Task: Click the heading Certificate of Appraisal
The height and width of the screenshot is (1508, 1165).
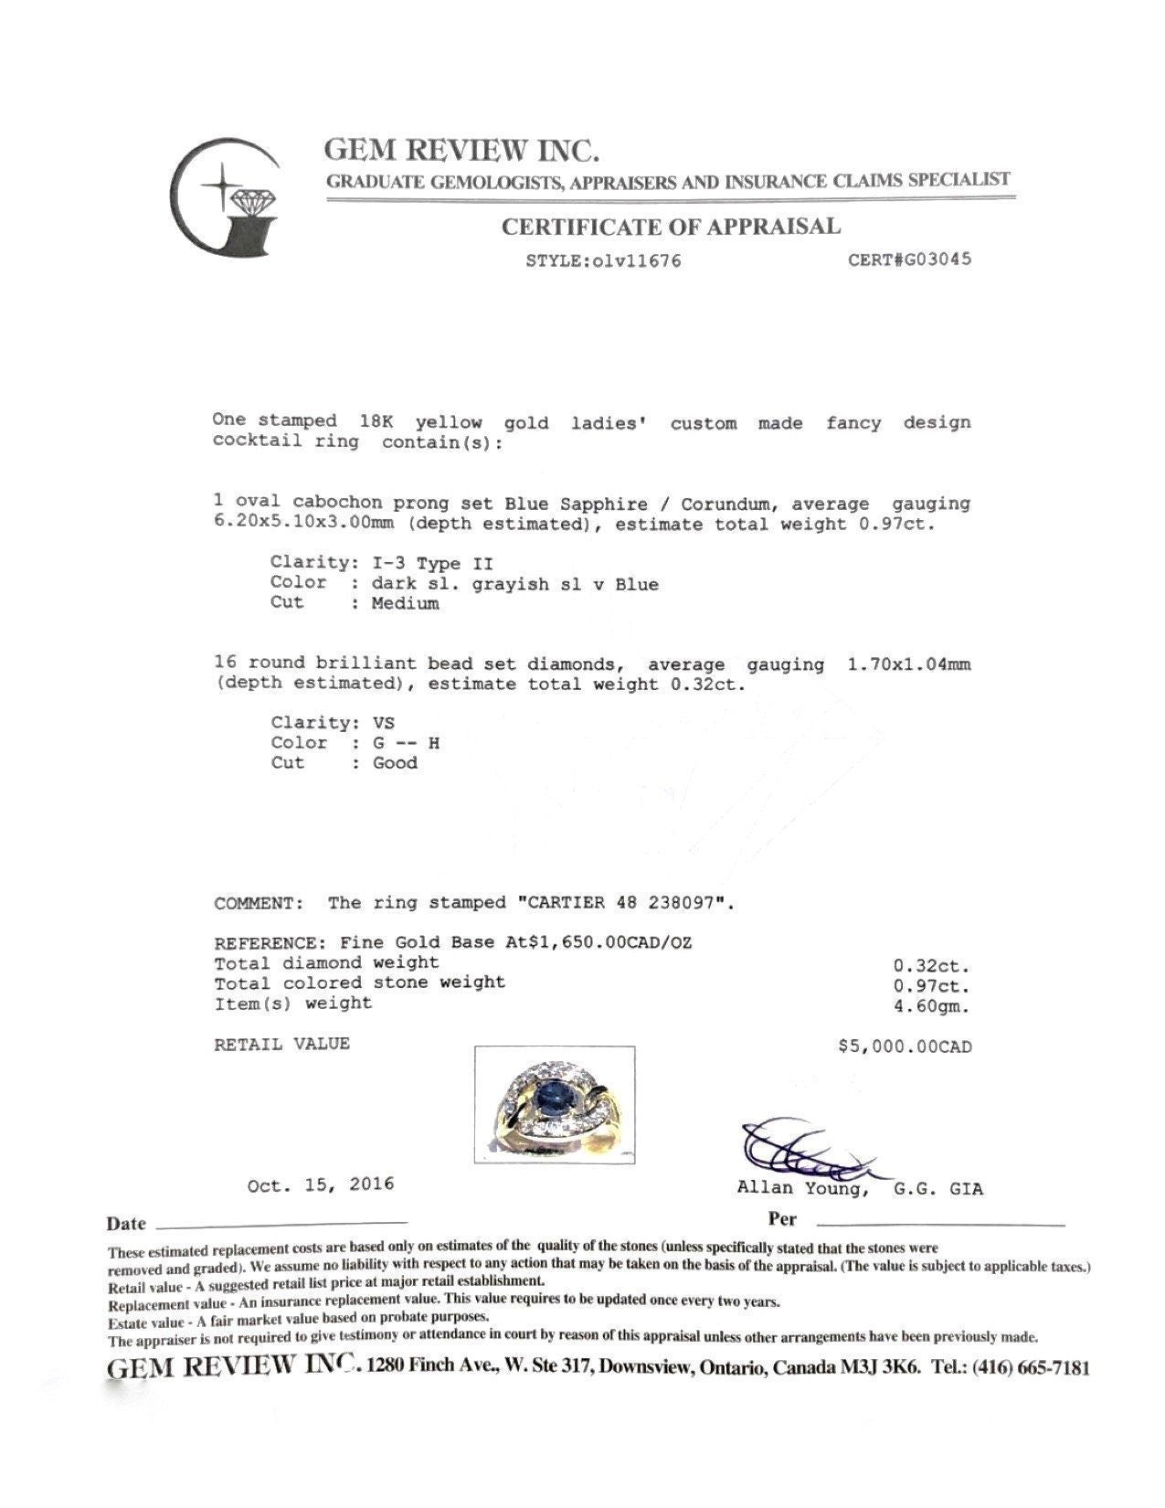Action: click(671, 226)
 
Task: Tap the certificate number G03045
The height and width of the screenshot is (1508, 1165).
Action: click(933, 259)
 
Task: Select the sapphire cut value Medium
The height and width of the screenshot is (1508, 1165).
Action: click(405, 603)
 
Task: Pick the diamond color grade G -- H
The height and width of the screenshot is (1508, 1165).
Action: click(406, 743)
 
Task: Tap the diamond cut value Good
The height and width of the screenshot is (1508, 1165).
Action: click(395, 763)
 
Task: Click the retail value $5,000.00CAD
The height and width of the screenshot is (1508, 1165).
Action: click(905, 1046)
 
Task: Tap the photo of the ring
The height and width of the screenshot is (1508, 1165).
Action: click(555, 1103)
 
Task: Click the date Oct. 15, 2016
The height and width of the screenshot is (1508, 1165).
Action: click(321, 1184)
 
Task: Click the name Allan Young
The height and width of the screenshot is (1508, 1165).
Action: click(799, 1189)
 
